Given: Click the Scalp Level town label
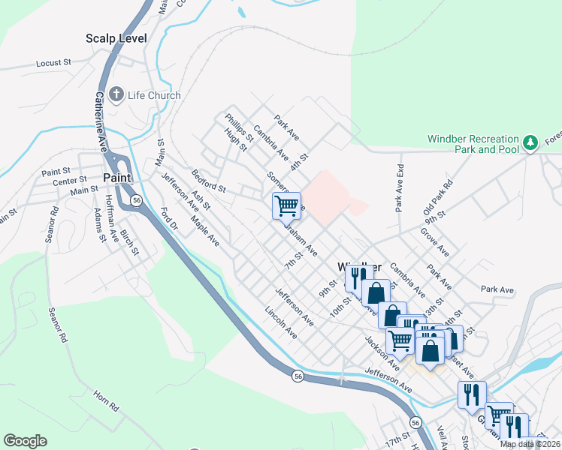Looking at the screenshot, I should pyautogui.click(x=116, y=38).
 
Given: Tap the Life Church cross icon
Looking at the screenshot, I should pyautogui.click(x=116, y=95).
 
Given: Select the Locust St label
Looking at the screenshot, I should pyautogui.click(x=53, y=64).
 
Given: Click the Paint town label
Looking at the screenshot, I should pyautogui.click(x=116, y=178).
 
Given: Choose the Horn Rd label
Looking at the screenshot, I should pyautogui.click(x=106, y=399).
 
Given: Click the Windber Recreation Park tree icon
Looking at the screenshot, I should pyautogui.click(x=530, y=142).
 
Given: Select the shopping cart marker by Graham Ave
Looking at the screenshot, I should pyautogui.click(x=286, y=205).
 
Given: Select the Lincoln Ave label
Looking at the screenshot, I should pyautogui.click(x=279, y=322).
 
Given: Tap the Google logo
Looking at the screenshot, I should pyautogui.click(x=25, y=441).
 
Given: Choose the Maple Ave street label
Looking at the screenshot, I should pyautogui.click(x=204, y=232).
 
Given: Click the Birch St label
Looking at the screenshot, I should pyautogui.click(x=130, y=241).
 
